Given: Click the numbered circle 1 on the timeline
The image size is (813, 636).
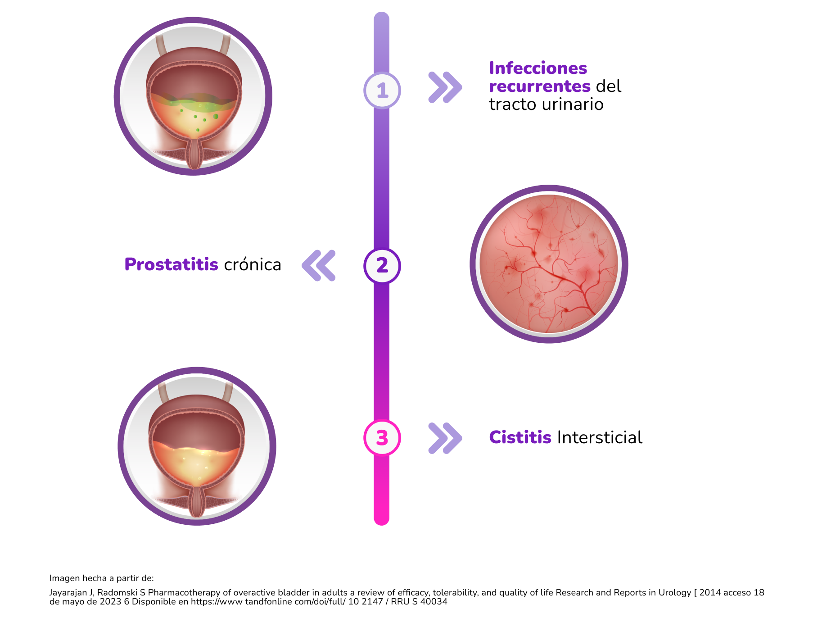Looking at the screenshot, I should click(382, 91).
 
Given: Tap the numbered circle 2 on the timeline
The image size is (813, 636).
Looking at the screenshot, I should click(382, 266).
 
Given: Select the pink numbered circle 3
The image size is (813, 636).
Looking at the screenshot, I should click(382, 437).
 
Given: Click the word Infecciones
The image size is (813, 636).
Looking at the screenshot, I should click(538, 68).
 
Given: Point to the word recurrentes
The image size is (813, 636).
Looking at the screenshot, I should click(539, 86).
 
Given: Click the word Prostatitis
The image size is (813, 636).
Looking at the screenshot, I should click(171, 264).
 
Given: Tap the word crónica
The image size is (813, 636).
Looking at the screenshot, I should click(253, 264).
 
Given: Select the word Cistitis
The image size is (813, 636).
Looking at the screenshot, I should click(520, 437).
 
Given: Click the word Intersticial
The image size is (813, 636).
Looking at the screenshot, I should click(600, 437).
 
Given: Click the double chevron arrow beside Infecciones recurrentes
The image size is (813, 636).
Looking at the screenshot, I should click(445, 87).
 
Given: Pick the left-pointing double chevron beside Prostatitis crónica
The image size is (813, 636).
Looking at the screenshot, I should click(319, 266).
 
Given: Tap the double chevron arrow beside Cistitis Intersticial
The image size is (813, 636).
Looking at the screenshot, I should click(445, 438).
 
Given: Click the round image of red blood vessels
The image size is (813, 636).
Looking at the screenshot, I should click(548, 264).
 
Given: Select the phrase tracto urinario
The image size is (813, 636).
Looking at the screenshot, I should click(546, 104).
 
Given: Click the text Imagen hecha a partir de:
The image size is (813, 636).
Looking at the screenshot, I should click(101, 578).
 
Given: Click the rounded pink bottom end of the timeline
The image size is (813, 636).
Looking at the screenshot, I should click(381, 518).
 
